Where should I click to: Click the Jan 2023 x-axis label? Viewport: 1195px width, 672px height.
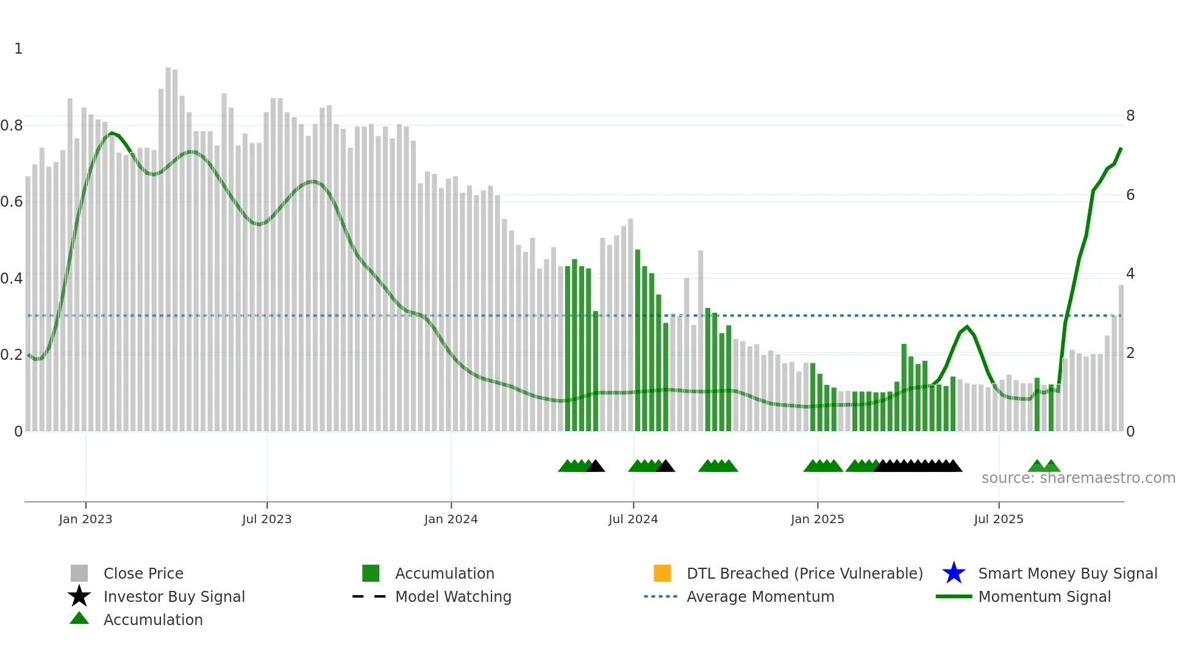[85, 519]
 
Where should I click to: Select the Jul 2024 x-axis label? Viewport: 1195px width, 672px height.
[633, 519]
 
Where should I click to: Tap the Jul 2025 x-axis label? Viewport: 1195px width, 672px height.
[998, 519]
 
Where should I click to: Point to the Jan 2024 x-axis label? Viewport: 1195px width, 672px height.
[451, 519]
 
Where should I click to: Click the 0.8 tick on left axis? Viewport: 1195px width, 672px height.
[12, 126]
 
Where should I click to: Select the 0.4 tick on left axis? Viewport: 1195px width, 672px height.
[12, 279]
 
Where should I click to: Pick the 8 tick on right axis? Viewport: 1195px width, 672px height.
[1130, 116]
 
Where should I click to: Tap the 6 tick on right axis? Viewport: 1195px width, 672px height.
[1130, 195]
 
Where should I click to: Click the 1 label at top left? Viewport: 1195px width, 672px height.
[18, 49]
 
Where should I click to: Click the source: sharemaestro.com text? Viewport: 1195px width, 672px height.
[1078, 478]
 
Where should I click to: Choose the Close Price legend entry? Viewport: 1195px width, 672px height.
[143, 573]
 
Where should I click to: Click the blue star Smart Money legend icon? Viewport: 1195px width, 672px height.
[954, 573]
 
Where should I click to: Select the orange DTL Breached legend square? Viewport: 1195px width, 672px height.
[662, 573]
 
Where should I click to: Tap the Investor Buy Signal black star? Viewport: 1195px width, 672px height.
[79, 596]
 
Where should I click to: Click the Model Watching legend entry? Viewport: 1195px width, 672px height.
[453, 596]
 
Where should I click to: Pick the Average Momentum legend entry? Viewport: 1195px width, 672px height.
[760, 596]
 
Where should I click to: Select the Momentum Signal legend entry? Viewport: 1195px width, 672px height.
[1044, 596]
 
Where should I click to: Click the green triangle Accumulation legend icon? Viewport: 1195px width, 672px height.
[79, 619]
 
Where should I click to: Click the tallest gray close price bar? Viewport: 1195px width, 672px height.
[168, 244]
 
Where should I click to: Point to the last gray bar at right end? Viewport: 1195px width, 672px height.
[1121, 360]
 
